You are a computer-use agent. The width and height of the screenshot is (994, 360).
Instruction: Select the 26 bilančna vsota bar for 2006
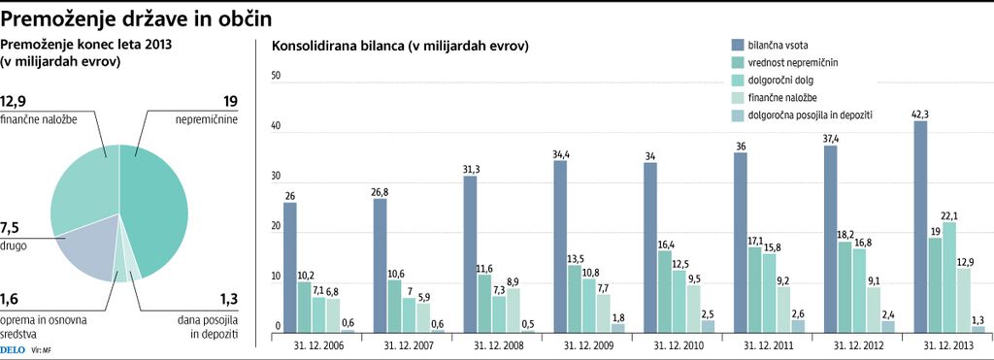(x=290, y=267)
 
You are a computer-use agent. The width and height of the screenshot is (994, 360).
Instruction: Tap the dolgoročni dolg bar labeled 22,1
(x=949, y=278)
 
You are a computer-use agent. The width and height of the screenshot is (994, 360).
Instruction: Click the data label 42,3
(x=920, y=115)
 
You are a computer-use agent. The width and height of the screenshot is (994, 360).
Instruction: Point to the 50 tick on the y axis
(x=276, y=76)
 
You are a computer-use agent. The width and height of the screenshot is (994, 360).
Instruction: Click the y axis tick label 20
(x=276, y=227)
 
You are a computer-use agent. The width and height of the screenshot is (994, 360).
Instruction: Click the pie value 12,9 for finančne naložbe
(x=20, y=101)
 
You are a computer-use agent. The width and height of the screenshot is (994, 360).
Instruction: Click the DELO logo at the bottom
(x=13, y=347)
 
